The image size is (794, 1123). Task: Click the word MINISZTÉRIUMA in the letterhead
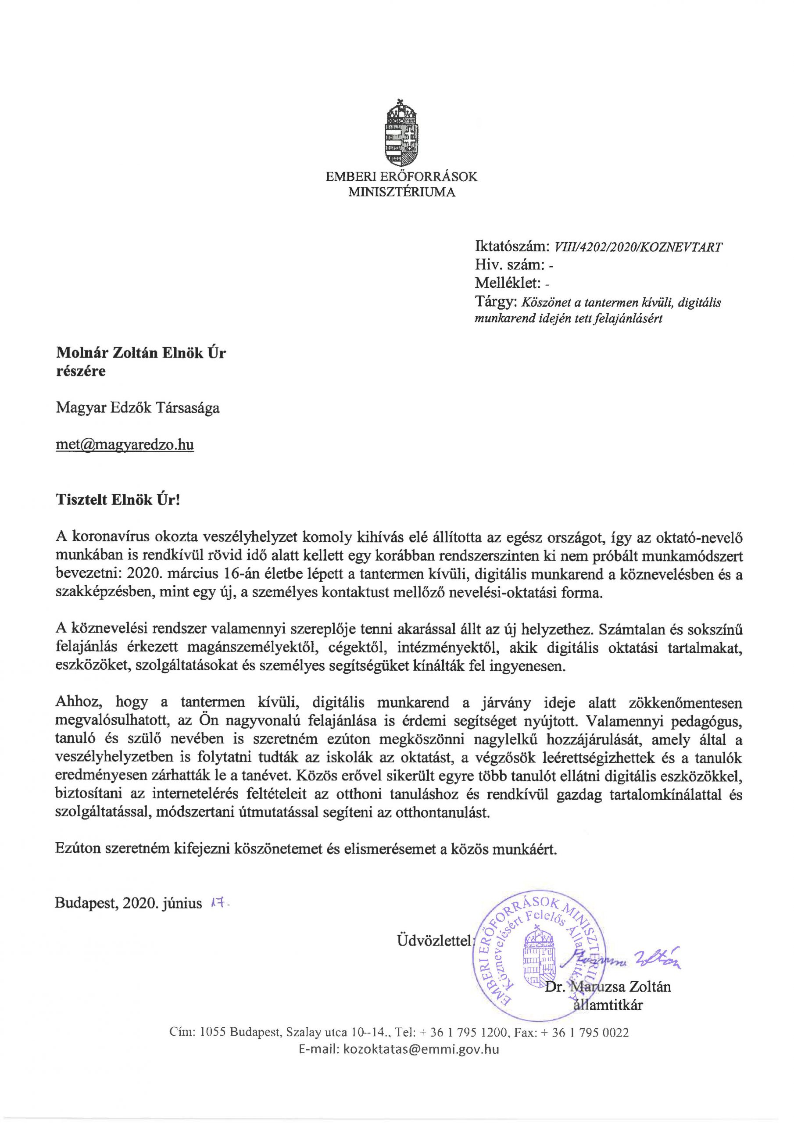(402, 192)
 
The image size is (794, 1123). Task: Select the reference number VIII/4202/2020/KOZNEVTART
(637, 247)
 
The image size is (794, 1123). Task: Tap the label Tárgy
(495, 302)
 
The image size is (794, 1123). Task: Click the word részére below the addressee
(80, 371)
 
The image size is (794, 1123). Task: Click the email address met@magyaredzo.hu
(125, 445)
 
